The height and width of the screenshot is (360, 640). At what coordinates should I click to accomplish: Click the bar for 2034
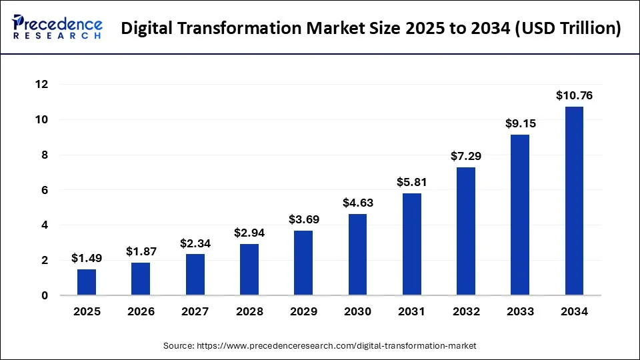pyautogui.click(x=574, y=201)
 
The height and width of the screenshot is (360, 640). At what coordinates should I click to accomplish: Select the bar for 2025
pyautogui.click(x=87, y=282)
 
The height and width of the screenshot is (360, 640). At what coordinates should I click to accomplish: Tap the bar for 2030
pyautogui.click(x=357, y=255)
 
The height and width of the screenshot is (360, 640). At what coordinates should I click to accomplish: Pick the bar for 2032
pyautogui.click(x=466, y=231)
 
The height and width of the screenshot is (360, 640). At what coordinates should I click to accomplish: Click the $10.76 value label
pyautogui.click(x=574, y=95)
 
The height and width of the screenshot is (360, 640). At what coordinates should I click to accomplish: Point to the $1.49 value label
pyautogui.click(x=87, y=259)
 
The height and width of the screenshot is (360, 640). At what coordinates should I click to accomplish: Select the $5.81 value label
pyautogui.click(x=412, y=182)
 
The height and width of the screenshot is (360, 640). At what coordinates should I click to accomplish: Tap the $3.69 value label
pyautogui.click(x=303, y=219)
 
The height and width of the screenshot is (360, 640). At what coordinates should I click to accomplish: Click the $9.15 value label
pyautogui.click(x=520, y=123)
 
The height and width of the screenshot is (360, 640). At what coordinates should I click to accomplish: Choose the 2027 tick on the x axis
pyautogui.click(x=195, y=311)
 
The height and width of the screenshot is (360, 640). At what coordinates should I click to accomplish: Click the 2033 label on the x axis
pyautogui.click(x=520, y=311)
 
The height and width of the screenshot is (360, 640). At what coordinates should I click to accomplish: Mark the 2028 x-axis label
pyautogui.click(x=249, y=311)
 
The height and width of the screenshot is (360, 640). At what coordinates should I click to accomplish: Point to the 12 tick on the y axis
pyautogui.click(x=42, y=85)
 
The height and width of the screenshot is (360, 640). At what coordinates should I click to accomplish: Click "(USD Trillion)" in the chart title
pyautogui.click(x=564, y=29)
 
